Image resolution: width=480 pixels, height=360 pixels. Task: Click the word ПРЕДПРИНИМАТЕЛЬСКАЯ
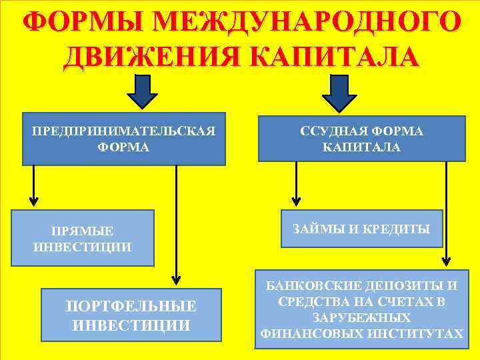tap(124, 131)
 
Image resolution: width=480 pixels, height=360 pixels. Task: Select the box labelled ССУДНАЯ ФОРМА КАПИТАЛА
tap(362, 138)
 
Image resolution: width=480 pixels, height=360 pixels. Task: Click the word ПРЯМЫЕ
tap(82, 231)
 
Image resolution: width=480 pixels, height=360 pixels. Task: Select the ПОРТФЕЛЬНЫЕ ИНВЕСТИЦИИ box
tap(131, 315)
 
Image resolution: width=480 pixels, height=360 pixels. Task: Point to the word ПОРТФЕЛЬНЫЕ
tap(131, 307)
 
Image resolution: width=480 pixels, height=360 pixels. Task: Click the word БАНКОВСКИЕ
tap(311, 286)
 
